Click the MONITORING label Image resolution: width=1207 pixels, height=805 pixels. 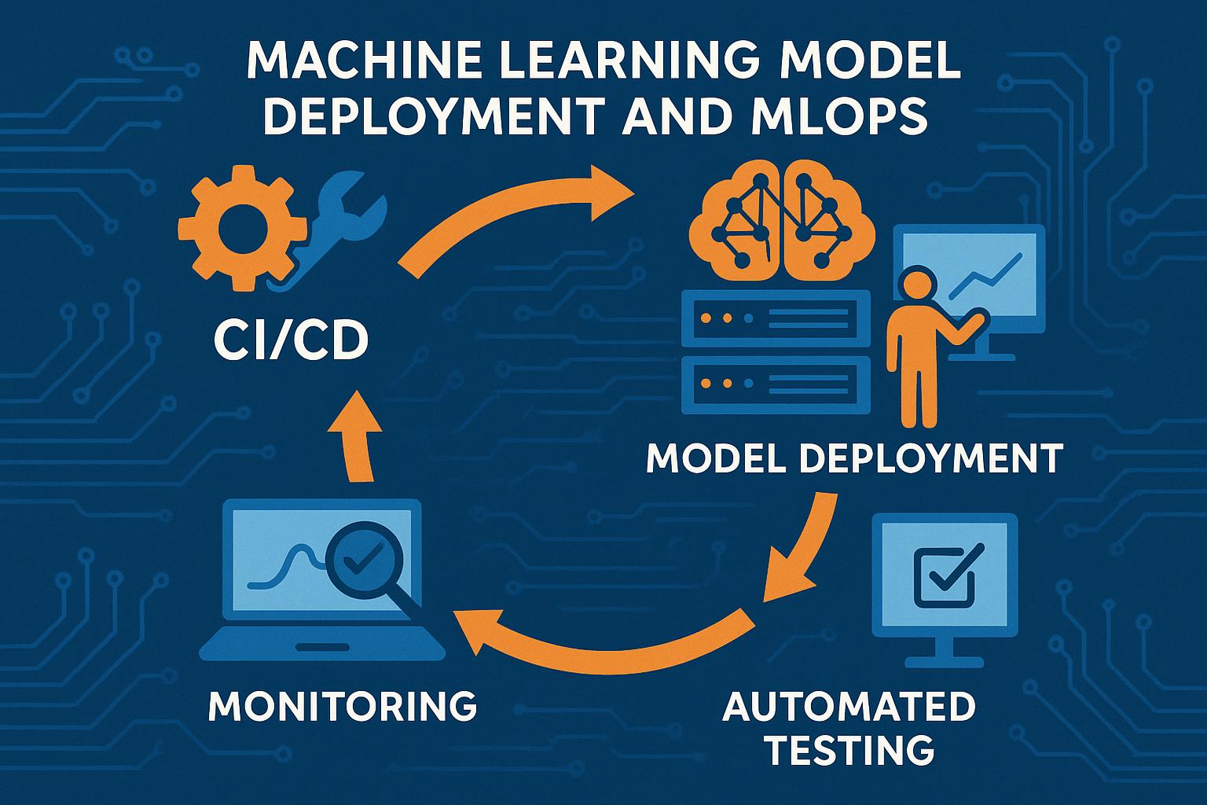[343, 705]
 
